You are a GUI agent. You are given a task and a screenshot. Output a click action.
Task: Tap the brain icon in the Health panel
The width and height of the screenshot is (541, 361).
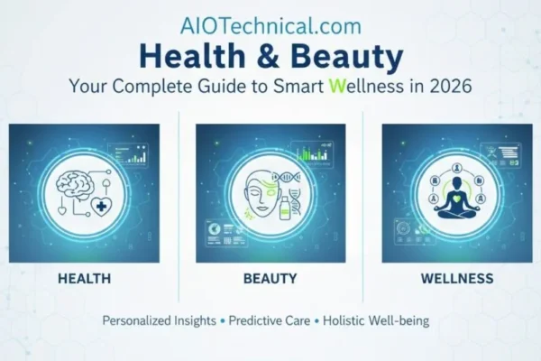pos(77,182)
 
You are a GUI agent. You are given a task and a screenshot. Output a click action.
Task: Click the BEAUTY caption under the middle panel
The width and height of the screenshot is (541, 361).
pos(270,278)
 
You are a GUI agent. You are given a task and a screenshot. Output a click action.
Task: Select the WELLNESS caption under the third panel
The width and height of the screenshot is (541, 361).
pos(456,278)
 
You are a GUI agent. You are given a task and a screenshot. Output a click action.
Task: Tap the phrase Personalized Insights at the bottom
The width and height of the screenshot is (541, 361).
pos(160,321)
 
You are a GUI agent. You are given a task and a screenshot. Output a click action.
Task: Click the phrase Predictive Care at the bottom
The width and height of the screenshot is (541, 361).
pos(270,321)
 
